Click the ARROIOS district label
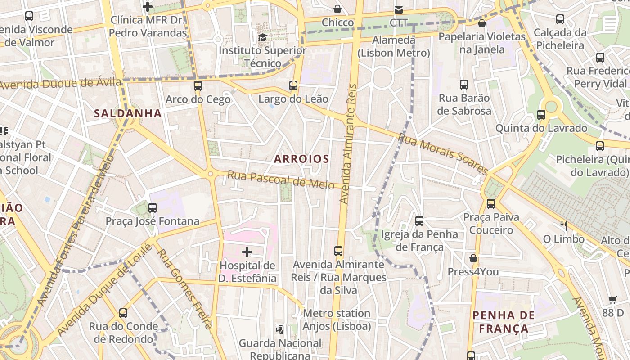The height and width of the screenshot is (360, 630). click(301, 159)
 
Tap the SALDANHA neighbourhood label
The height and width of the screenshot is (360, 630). click(128, 113)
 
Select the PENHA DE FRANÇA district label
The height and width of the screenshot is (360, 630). click(504, 322)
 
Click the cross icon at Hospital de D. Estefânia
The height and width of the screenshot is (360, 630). click(247, 252)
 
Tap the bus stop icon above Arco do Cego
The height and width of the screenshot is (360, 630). click(198, 85)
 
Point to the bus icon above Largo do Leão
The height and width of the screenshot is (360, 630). click(293, 85)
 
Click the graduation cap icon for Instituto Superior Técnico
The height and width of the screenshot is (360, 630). click(262, 37)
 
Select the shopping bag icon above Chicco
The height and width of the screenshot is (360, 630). click(337, 9)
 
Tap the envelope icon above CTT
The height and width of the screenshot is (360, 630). click(399, 9)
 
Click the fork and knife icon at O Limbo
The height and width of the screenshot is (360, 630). click(563, 225)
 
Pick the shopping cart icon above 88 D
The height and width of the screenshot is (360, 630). click(613, 300)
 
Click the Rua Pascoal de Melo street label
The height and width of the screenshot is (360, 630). click(280, 180)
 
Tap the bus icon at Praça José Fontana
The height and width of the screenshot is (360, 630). click(153, 207)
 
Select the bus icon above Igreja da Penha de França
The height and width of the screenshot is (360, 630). click(419, 220)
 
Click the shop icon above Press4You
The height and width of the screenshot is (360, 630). click(473, 258)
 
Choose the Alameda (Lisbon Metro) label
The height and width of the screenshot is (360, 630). click(394, 46)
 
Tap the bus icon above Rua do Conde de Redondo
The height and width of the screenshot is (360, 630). click(123, 313)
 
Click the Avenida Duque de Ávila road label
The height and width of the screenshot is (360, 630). click(61, 84)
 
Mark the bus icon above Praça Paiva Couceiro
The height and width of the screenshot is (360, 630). click(491, 203)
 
